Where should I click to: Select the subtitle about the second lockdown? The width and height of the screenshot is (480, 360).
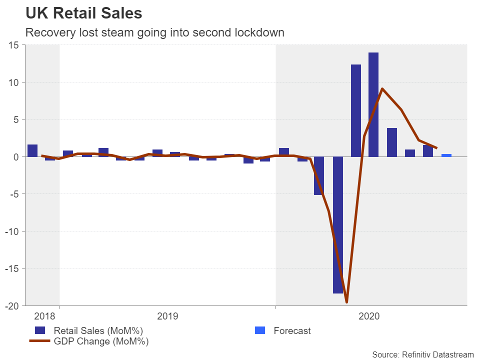(154, 33)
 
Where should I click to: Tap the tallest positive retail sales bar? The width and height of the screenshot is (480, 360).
(373, 104)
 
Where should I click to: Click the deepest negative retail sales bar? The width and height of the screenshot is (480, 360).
(338, 225)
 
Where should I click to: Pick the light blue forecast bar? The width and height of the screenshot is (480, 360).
(446, 155)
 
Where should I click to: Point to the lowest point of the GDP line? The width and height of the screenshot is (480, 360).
(346, 302)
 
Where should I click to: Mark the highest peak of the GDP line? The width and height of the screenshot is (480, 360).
(382, 89)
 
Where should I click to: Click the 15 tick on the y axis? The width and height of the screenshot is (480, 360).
(13, 45)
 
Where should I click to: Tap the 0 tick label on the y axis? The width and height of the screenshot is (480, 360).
(16, 156)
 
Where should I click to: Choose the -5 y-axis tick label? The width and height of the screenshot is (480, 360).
(13, 194)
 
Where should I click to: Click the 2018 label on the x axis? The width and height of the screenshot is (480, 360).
(44, 316)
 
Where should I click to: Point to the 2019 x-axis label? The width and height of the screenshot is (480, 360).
(167, 316)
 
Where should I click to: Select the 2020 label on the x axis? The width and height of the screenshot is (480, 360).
(369, 316)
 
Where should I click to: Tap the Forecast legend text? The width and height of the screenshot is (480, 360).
(292, 330)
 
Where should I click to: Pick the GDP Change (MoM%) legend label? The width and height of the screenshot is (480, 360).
(101, 341)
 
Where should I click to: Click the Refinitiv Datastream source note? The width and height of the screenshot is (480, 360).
(422, 354)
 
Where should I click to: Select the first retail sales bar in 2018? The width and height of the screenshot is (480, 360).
(32, 150)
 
